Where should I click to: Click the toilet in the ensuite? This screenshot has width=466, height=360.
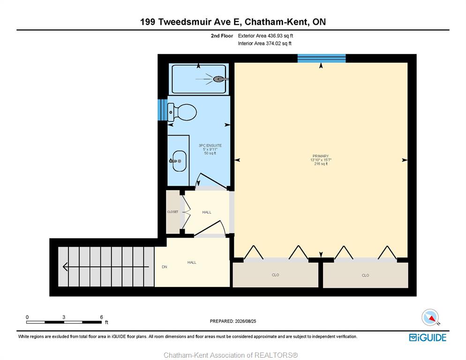click(x=182, y=112)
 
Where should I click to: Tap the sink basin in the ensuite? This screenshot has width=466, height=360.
click(x=180, y=161)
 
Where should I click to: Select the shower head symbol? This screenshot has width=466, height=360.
click(x=219, y=79)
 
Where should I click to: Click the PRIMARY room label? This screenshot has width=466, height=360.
click(x=321, y=156)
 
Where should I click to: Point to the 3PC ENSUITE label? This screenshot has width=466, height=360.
click(x=210, y=145)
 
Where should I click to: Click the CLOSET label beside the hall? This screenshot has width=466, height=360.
click(x=173, y=212)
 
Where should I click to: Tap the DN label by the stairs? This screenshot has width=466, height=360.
click(x=165, y=267)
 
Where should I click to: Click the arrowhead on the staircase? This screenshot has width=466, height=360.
click(x=65, y=267)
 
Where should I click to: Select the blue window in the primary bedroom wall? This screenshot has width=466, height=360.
click(x=322, y=58)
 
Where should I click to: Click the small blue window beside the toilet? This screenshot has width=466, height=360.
click(x=162, y=110)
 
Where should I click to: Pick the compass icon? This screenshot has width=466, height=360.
click(x=430, y=317)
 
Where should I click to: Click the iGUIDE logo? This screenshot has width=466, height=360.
click(x=428, y=337)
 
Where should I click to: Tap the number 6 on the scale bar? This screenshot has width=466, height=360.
click(x=101, y=317)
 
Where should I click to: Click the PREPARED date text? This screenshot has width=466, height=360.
click(x=233, y=321)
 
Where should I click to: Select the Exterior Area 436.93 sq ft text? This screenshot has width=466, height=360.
click(x=265, y=36)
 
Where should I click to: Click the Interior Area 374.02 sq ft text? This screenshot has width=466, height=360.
click(x=264, y=44)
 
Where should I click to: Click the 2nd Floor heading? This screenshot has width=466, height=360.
click(x=222, y=36)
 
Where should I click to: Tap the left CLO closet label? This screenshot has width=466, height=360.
click(x=276, y=275)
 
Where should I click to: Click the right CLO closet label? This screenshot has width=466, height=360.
click(x=366, y=275)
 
